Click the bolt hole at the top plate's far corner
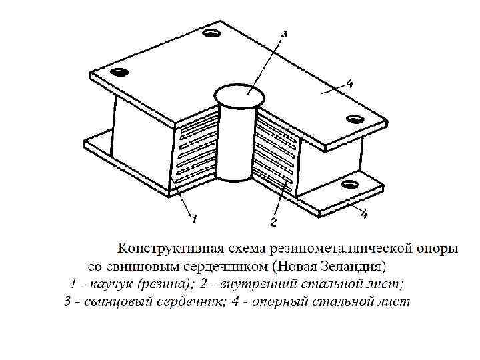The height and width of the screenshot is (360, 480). (212, 33)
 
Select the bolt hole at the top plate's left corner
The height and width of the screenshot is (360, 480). (119, 71)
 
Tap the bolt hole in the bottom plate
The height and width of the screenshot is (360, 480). (348, 183)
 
